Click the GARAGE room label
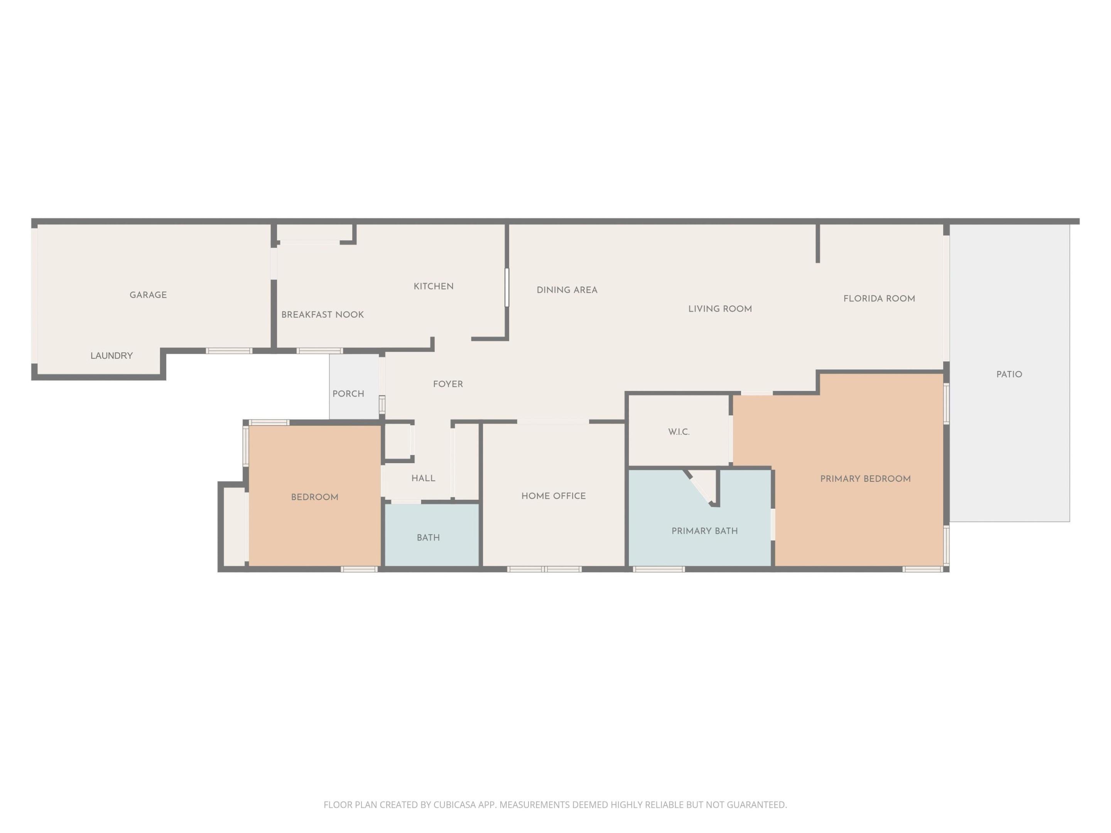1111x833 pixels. (x=148, y=295)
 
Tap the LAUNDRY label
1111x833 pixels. (x=111, y=356)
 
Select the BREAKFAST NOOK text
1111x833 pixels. (x=322, y=315)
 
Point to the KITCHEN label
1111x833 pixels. (x=434, y=286)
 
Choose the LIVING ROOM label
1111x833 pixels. (x=720, y=309)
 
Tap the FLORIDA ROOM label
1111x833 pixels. (x=879, y=299)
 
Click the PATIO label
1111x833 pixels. (x=1009, y=374)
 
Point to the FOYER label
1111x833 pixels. (x=448, y=384)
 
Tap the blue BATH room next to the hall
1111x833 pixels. (x=429, y=537)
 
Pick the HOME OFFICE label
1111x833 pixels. (x=554, y=496)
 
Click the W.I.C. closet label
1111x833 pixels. (x=679, y=432)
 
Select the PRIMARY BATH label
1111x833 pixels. (x=705, y=531)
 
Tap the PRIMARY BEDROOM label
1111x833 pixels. (x=865, y=479)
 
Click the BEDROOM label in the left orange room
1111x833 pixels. (x=315, y=497)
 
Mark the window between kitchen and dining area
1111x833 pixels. (x=507, y=287)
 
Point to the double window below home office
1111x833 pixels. (x=544, y=569)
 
